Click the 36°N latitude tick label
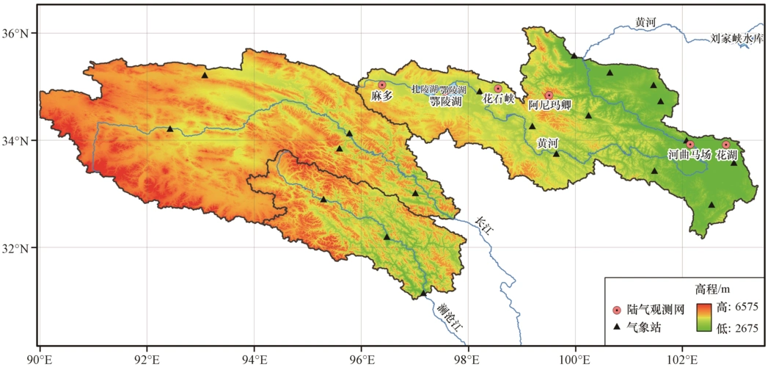[x=17, y=33]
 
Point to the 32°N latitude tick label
[x=17, y=247]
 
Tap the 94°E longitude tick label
[x=255, y=358]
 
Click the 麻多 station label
[x=382, y=96]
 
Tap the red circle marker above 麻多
[x=381, y=85]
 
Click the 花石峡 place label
[x=499, y=99]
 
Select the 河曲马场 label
[x=689, y=156]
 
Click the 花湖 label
[x=726, y=156]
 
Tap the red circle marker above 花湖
[x=726, y=145]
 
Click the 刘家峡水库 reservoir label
[x=737, y=37]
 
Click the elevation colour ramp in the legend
[x=706, y=316]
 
